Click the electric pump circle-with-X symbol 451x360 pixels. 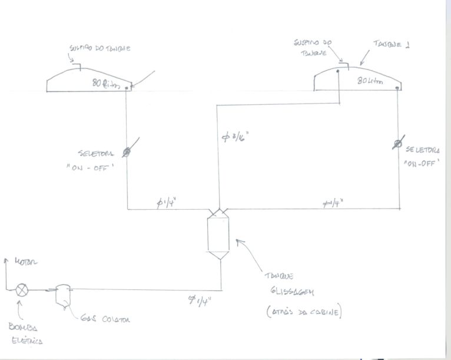point(22,290)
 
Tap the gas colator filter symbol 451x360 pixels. point(62,294)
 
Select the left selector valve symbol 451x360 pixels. point(127,152)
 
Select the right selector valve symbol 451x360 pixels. point(400,144)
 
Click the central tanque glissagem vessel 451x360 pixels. point(219,236)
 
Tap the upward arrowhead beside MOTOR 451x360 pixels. point(6,260)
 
